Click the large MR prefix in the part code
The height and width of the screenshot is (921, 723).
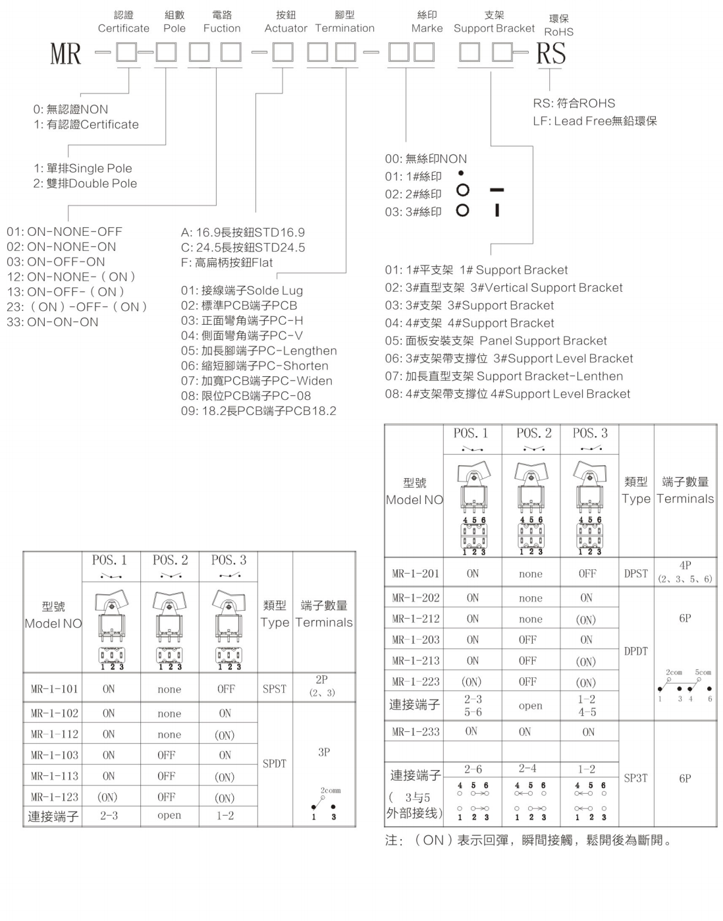pos(65,53)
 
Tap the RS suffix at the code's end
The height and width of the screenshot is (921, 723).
pos(550,53)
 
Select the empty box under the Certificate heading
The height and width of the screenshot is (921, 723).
pos(126,52)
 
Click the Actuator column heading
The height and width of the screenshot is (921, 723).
pos(286,28)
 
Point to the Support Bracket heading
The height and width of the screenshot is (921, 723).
pos(494,28)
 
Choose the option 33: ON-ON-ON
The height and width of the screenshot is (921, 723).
pos(53,322)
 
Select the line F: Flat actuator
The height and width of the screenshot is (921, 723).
pos(227,262)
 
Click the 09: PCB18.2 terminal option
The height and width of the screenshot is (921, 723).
pos(258,411)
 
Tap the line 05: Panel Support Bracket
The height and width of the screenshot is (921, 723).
pos(496,341)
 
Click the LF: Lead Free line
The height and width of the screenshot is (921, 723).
pos(595,121)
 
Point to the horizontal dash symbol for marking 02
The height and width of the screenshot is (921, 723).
pos(496,190)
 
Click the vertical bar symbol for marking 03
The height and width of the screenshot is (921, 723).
pos(497,211)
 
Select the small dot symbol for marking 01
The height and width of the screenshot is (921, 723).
pos(461,173)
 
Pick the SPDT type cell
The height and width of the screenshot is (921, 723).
pos(275,764)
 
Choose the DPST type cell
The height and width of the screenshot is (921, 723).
pos(635,574)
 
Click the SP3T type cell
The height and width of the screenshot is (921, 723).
pos(635,778)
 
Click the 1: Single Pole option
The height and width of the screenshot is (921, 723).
pos(83,169)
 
